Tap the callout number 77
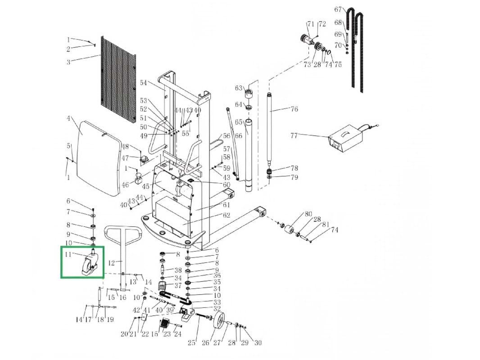click(294, 135)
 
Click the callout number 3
click(68, 62)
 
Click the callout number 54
click(143, 83)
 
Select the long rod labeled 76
click(270, 128)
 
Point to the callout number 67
click(338, 9)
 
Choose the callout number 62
click(226, 215)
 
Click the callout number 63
click(239, 88)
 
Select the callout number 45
click(145, 186)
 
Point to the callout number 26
click(205, 343)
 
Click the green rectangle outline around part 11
click(82, 247)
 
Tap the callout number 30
click(258, 343)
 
